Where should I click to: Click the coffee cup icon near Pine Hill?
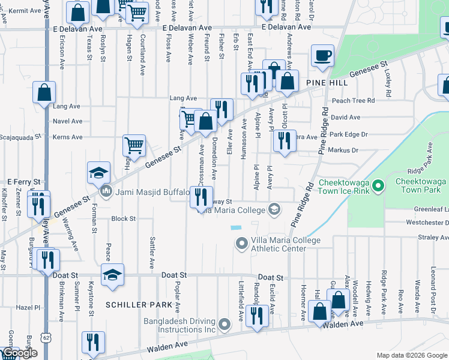(322, 56)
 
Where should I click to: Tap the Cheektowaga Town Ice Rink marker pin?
(378, 187)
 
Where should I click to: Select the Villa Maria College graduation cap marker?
(274, 209)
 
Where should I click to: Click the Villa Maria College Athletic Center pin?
(241, 244)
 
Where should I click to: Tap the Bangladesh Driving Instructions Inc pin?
(225, 325)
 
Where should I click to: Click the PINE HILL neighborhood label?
(327, 82)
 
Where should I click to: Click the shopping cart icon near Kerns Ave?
(134, 145)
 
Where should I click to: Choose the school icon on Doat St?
(112, 275)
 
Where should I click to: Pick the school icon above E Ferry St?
(98, 173)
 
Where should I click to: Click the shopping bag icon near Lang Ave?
(44, 93)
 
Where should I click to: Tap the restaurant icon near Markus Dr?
(285, 141)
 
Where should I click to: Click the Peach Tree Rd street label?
(354, 101)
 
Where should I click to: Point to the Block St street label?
(124, 219)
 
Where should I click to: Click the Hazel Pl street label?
(28, 307)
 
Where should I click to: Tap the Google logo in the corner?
(19, 353)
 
